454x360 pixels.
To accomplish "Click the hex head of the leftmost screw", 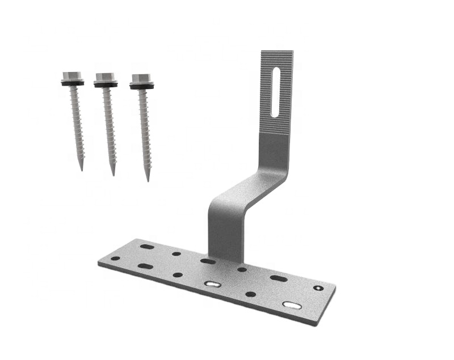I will pos(72,75).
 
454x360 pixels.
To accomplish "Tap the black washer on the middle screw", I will pos(106,84).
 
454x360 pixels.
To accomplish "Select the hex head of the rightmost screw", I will pos(141,78).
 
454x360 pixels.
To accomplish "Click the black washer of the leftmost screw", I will pos(73,83).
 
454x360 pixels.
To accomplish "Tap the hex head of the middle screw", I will pos(105,77).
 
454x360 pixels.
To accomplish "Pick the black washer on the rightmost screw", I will pos(142,86).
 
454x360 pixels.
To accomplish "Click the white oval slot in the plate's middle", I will pos(213,283).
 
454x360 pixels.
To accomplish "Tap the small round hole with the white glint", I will pos(317,288).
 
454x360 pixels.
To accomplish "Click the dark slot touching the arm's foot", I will pos(208,261).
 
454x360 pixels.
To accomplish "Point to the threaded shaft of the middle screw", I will pos(109,125).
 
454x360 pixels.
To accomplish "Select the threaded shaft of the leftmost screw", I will pos(77,122).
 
